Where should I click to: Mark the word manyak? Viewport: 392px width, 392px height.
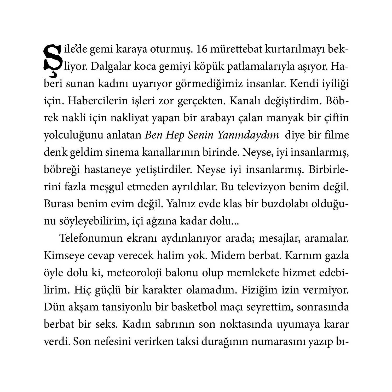click(283, 118)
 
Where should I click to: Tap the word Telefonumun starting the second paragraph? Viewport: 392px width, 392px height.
click(91, 239)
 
